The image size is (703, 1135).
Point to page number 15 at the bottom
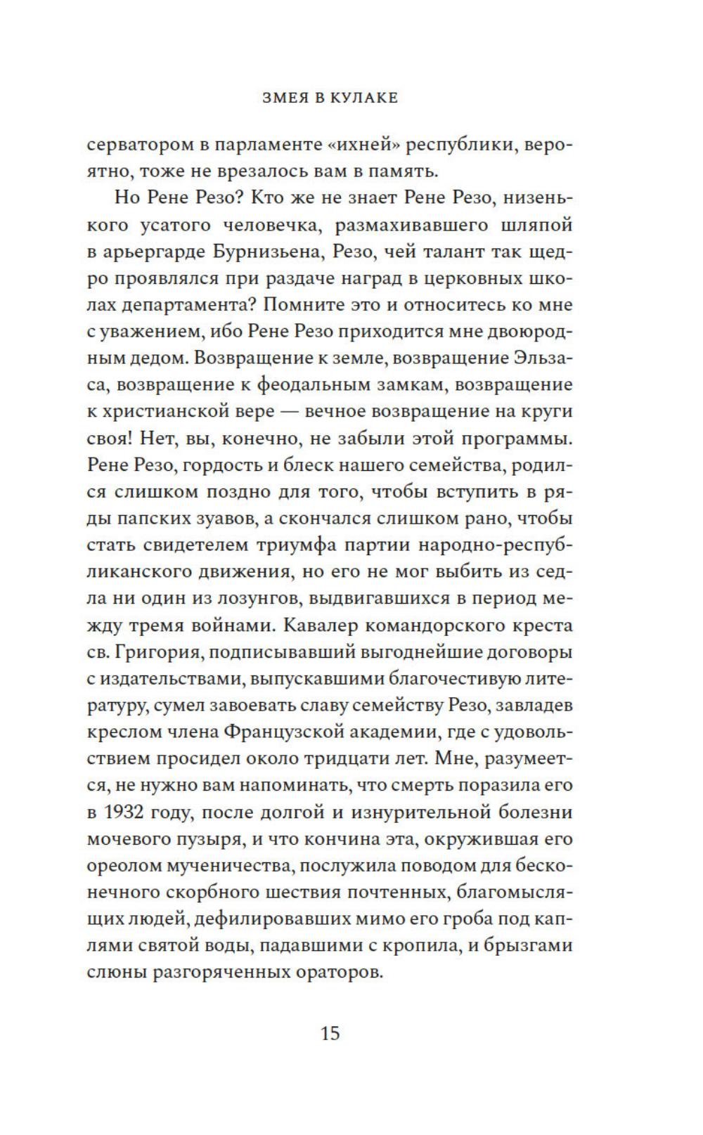click(330, 1033)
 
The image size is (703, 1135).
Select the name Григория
click(159, 652)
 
